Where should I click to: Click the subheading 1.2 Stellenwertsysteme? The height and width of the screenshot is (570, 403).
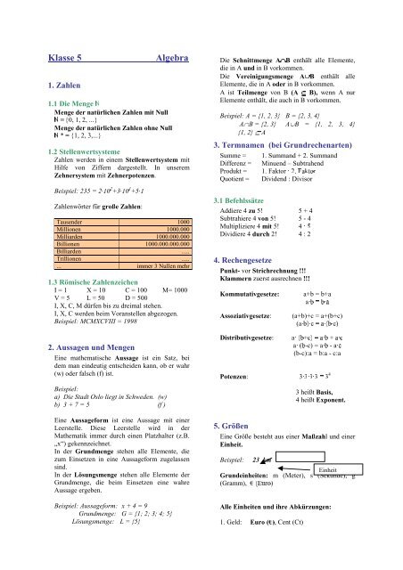[62, 152]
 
